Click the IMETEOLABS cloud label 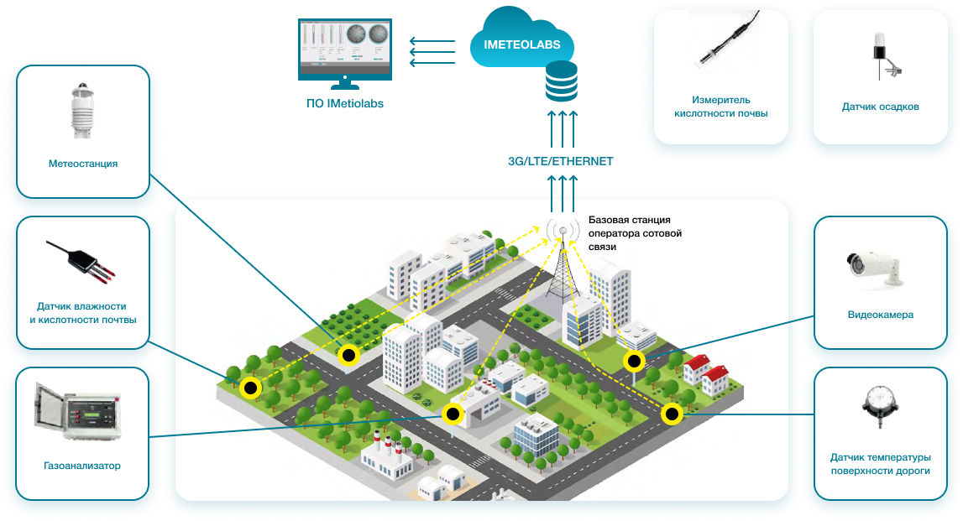pos(522,44)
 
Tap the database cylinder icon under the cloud pos(562,84)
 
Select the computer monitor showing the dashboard pos(345,49)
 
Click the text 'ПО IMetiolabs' pos(344,104)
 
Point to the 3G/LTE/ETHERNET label pos(560,161)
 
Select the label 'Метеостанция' pos(82,164)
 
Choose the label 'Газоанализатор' pos(82,466)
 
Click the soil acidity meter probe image pos(721,47)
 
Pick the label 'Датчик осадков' pos(880,107)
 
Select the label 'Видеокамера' pos(880,315)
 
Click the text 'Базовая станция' pos(629,220)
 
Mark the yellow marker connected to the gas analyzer pos(453,414)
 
